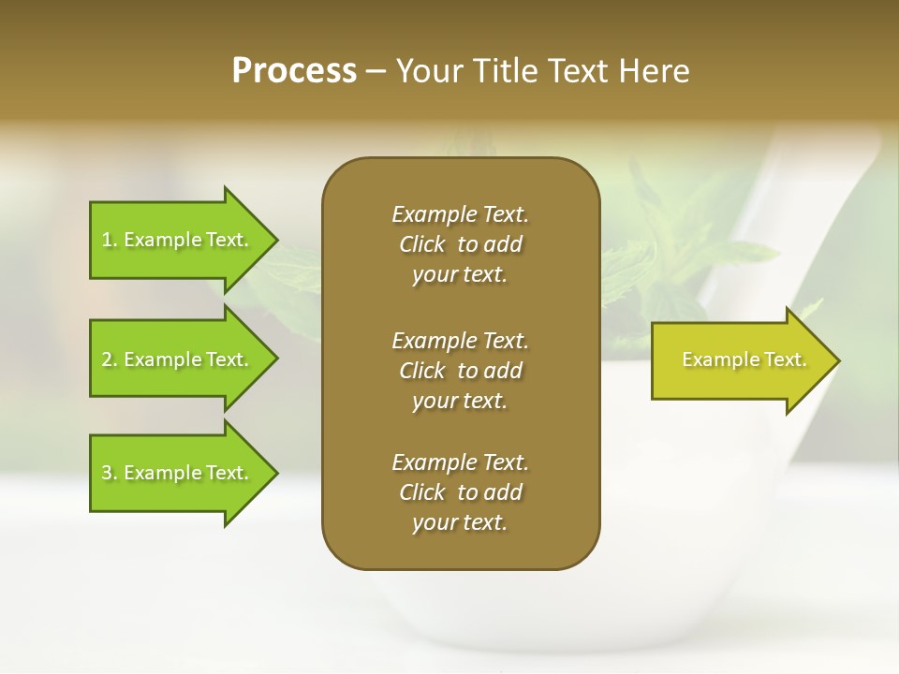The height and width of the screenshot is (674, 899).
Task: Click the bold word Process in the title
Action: pyautogui.click(x=294, y=71)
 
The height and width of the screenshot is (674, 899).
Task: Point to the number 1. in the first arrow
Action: pyautogui.click(x=110, y=240)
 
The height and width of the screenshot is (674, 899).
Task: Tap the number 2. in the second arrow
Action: pyautogui.click(x=110, y=359)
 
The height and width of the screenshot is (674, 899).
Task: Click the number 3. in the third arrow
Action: pyautogui.click(x=110, y=473)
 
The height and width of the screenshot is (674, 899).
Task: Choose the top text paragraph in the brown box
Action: pyautogui.click(x=460, y=244)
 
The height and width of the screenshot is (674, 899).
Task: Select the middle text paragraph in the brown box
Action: pyautogui.click(x=460, y=370)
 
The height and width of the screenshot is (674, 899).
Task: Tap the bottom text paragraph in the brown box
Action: pyautogui.click(x=460, y=492)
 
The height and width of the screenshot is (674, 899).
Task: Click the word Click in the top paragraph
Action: pyautogui.click(x=421, y=244)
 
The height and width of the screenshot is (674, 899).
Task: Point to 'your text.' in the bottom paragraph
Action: pyautogui.click(x=460, y=523)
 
